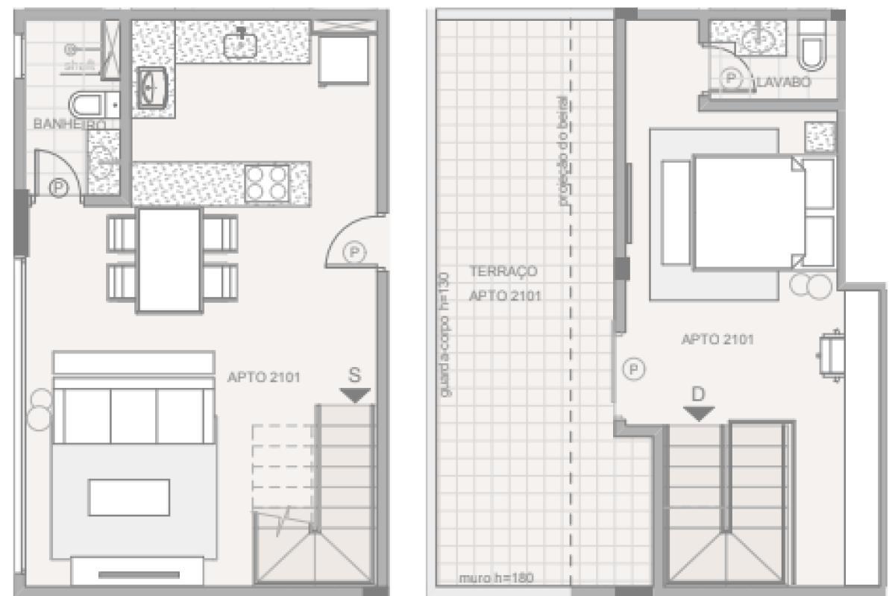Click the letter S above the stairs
point(354,375)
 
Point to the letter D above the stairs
point(698,394)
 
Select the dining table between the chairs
point(169,259)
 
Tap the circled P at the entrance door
point(355,254)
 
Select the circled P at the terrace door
point(634,368)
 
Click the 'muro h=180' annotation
point(486,577)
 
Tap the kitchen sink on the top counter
point(241,43)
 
